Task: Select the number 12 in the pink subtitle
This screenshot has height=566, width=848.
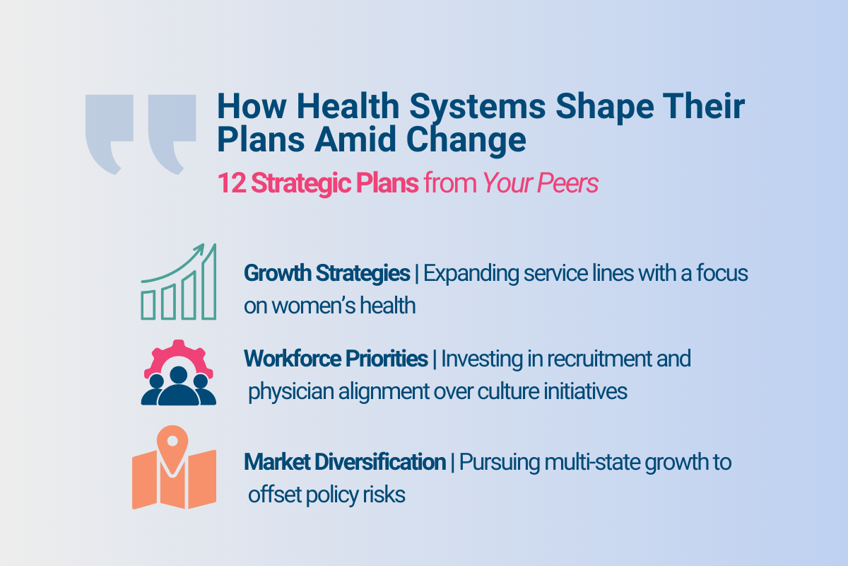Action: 231,183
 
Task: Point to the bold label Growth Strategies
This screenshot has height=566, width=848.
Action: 326,273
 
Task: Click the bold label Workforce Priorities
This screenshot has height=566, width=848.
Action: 336,359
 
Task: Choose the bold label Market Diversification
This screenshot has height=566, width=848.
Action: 345,463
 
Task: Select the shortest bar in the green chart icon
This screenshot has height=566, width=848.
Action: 148,304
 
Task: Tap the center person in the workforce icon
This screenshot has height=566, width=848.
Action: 178,388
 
